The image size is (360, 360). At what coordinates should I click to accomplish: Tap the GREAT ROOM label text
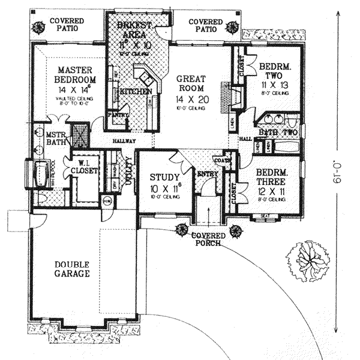pos(190,83)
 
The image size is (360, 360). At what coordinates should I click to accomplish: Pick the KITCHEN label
pos(135,92)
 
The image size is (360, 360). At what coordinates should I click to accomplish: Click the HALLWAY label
pos(124,141)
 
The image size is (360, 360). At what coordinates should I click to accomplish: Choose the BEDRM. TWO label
pos(274,67)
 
